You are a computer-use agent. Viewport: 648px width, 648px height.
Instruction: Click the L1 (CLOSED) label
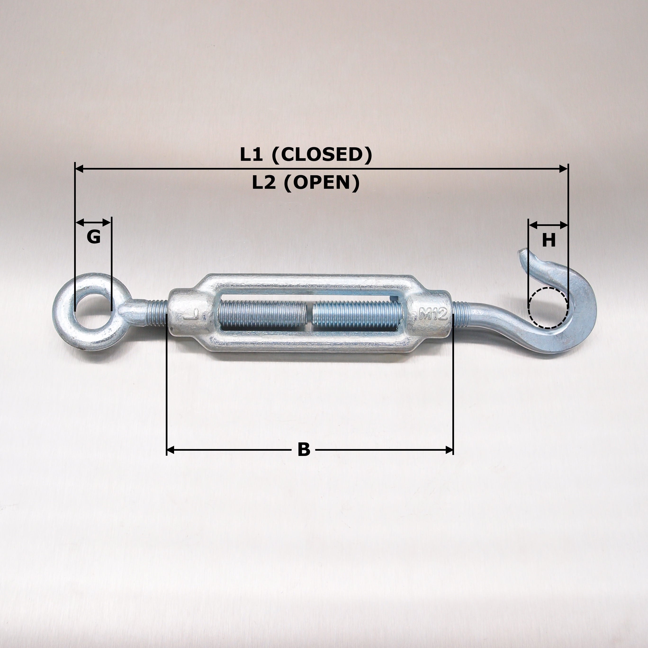(x=306, y=155)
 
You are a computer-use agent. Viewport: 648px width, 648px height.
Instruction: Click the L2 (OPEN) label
(x=306, y=183)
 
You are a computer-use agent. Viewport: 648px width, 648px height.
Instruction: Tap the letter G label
(x=94, y=237)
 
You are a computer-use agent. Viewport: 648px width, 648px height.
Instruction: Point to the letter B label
(x=304, y=450)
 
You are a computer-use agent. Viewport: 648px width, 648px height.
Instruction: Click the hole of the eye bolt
(x=93, y=310)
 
